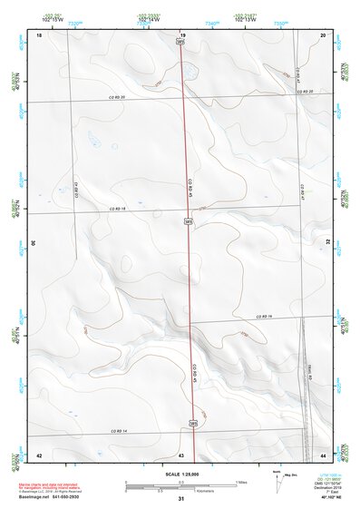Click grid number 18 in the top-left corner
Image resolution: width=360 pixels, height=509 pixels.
coord(39,34)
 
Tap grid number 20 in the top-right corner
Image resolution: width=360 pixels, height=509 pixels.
coord(323,34)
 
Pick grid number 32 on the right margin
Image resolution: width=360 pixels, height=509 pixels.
coord(328,243)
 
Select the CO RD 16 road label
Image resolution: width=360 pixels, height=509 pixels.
coord(264,316)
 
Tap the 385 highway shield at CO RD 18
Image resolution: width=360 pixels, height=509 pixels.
coord(188,220)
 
